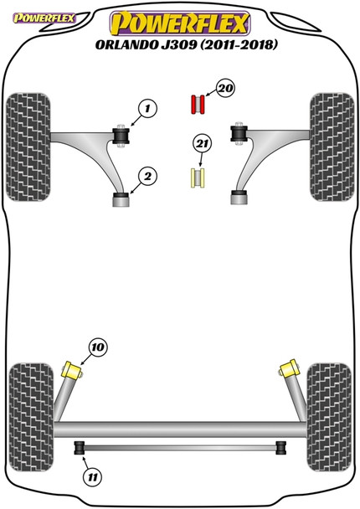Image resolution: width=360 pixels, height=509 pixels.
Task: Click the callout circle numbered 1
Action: [147, 109]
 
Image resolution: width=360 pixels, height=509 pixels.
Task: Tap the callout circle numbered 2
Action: [147, 177]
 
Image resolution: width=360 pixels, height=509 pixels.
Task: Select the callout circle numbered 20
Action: [225, 88]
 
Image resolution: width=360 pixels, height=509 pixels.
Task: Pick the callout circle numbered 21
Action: [202, 143]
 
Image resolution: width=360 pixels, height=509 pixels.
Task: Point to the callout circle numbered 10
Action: [98, 347]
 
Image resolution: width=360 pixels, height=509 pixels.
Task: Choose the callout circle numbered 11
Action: [93, 477]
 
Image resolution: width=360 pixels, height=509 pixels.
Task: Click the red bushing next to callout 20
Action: [198, 105]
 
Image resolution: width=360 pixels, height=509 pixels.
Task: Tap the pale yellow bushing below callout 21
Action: [198, 177]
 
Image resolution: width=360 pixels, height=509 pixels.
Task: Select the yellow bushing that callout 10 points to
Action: [72, 370]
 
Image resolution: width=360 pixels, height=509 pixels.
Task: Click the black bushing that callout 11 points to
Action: [80, 448]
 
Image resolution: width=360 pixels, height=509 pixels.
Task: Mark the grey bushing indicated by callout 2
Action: [121, 199]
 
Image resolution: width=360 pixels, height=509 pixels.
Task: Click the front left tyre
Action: [28, 147]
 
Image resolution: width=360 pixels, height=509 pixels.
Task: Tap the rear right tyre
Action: [329, 417]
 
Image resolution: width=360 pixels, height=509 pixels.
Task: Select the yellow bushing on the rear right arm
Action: [289, 368]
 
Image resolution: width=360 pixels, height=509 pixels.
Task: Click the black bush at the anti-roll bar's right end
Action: [281, 448]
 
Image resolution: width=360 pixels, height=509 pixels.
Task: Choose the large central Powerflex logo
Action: [180, 23]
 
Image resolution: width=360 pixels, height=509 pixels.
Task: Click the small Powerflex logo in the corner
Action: [44, 18]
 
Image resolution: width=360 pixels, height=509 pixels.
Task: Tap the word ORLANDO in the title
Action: [127, 45]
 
